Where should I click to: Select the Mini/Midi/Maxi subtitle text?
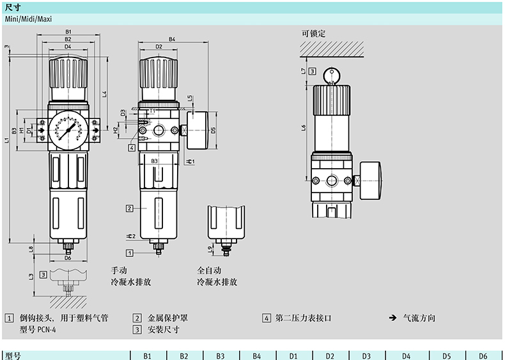click(29, 19)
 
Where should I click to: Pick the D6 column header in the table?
click(483, 355)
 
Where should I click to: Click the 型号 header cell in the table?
click(13, 355)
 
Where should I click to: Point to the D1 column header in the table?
click(293, 355)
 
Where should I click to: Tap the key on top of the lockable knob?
click(330, 74)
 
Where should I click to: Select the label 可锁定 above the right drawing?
click(314, 33)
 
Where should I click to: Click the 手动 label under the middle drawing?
click(119, 270)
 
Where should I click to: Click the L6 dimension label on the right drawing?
click(304, 127)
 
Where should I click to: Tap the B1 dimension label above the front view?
click(67, 32)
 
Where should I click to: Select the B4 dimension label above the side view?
click(172, 40)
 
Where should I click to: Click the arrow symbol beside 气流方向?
click(392, 317)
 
